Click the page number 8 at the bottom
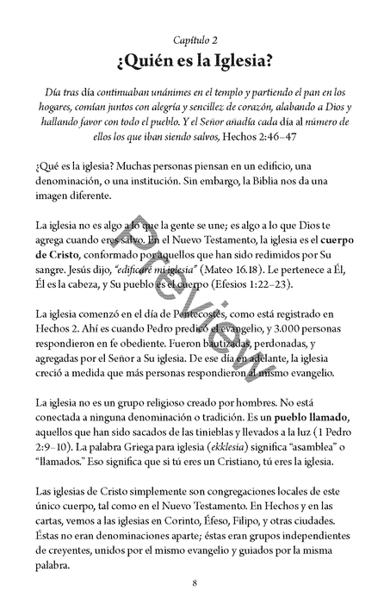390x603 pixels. click(195, 581)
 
